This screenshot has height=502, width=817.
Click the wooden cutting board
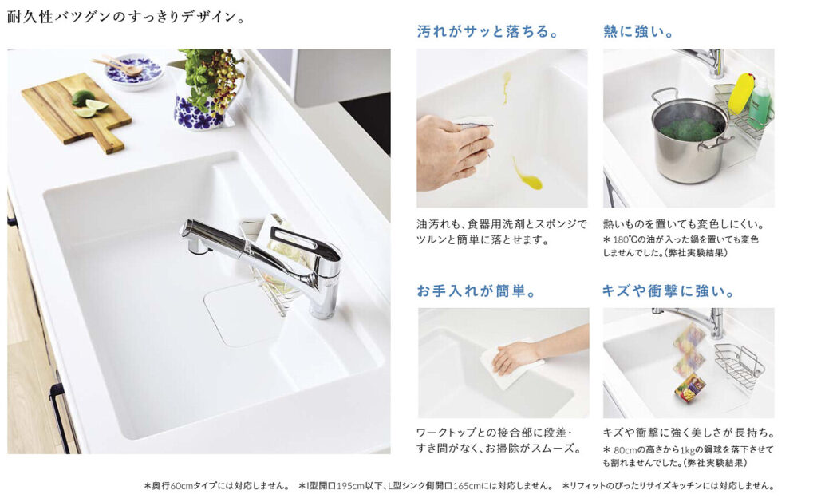pos(76,112)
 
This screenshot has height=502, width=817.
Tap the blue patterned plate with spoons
pos(133,71)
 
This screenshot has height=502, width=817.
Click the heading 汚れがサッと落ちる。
pos(487,31)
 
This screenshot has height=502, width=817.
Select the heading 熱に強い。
pos(638,31)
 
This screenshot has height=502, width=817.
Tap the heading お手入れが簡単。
pos(476,291)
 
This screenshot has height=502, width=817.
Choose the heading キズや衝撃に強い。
pos(668,291)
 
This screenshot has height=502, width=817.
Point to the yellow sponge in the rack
pos(740,94)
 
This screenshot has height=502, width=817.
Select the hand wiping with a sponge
pos(454,151)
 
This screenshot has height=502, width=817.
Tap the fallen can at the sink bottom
pos(690,389)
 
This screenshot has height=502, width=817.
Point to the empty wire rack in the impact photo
pos(740,366)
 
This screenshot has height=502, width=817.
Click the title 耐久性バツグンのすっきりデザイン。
pos(125,18)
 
